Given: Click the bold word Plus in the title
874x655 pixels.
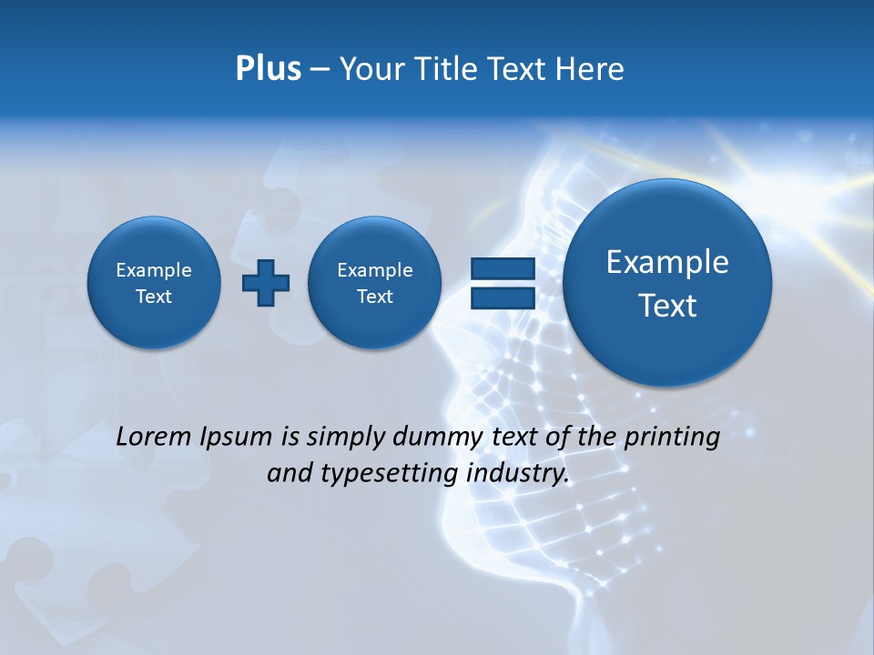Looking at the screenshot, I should (268, 69).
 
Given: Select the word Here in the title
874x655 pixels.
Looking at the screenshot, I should (591, 69).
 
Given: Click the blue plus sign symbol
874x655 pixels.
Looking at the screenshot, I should (266, 282).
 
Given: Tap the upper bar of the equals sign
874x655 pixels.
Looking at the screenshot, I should (502, 268).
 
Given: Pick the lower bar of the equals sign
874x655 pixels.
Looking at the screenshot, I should (502, 297).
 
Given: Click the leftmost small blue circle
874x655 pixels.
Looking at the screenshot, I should (154, 283).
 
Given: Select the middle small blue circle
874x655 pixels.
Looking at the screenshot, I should (375, 283).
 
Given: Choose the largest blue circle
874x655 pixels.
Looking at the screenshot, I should (667, 283).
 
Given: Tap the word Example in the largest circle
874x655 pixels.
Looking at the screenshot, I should (667, 262).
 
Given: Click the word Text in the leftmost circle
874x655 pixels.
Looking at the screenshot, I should (154, 297).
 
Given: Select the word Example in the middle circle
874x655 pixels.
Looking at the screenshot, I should (375, 270).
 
